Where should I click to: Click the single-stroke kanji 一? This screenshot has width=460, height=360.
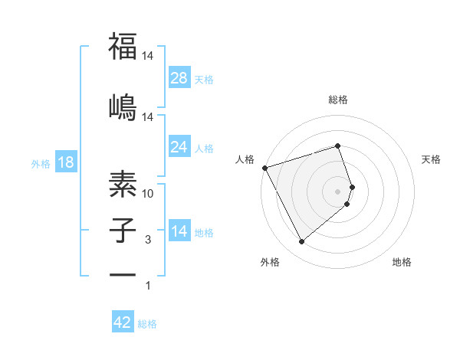point(122,273)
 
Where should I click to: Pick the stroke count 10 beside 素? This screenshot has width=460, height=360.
point(148,195)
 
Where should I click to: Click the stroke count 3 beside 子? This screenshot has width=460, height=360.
point(148,240)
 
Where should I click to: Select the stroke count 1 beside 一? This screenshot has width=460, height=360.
point(148,286)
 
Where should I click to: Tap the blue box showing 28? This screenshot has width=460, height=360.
point(179,77)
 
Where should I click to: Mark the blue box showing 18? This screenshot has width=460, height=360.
point(65,162)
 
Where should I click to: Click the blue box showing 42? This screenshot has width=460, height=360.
point(123,322)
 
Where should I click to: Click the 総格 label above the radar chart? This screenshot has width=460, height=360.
point(338,100)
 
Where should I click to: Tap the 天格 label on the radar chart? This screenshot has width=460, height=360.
point(431,159)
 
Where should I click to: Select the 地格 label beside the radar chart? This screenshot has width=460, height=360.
point(402,263)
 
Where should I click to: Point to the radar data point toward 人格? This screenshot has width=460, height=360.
point(264,168)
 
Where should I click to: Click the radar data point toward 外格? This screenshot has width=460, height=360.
point(301,242)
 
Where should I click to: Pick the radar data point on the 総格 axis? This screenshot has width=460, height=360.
point(338,146)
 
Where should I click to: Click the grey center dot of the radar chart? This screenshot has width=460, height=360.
point(338,191)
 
